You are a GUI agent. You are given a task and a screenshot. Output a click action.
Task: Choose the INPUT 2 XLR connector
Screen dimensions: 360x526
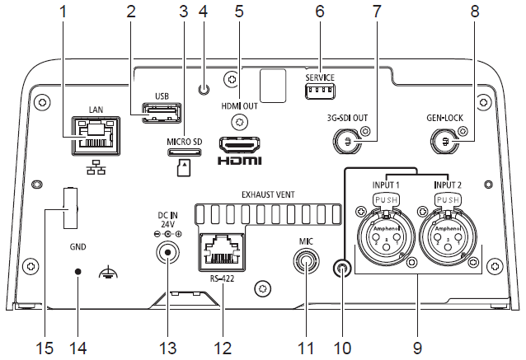point(447,241)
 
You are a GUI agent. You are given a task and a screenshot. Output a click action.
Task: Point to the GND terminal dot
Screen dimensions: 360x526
point(78,271)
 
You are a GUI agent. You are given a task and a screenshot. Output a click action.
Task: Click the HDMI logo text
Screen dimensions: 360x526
point(239,161)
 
